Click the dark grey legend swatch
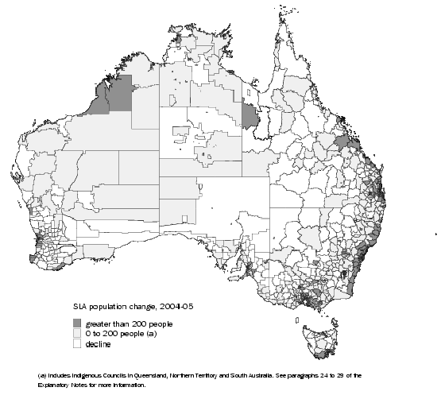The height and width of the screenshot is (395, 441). (x=78, y=323)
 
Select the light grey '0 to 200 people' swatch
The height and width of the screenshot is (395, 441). (x=78, y=334)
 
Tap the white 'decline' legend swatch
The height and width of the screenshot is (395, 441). (x=78, y=344)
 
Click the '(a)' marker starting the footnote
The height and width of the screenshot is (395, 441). (x=41, y=374)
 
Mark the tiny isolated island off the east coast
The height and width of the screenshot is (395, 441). (x=435, y=234)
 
